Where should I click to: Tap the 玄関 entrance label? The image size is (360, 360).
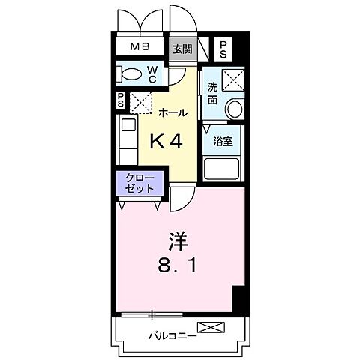[x=181, y=49]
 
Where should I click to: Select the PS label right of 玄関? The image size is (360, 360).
[x=223, y=49]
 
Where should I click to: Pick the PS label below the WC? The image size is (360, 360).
[x=121, y=99]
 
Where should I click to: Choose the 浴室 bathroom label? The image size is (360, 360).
[x=222, y=141]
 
